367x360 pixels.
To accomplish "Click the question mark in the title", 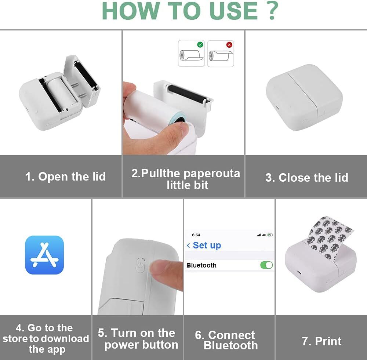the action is (272, 11).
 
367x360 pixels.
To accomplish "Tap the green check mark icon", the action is (200, 44).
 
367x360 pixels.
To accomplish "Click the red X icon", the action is (229, 44).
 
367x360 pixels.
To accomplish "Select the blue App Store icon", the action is (44, 255).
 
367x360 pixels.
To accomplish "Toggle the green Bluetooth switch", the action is (266, 265).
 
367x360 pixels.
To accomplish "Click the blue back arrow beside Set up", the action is (188, 245).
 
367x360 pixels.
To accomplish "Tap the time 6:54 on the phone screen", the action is (196, 235).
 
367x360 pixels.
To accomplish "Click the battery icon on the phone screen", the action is (270, 235).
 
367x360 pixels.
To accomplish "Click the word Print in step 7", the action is (328, 341).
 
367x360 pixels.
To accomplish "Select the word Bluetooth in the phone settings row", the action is (201, 265).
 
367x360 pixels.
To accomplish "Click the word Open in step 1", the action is (53, 177).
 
